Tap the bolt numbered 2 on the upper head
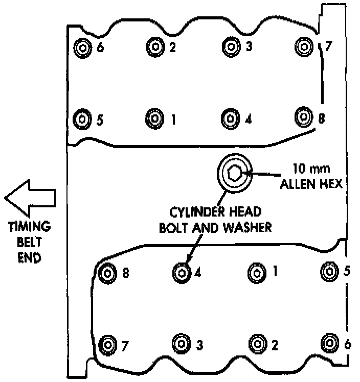(x=155, y=47)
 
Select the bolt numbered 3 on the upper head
(x=231, y=46)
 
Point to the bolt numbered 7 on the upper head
(x=304, y=46)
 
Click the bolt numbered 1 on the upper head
(x=154, y=118)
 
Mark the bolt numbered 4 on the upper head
(x=231, y=118)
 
